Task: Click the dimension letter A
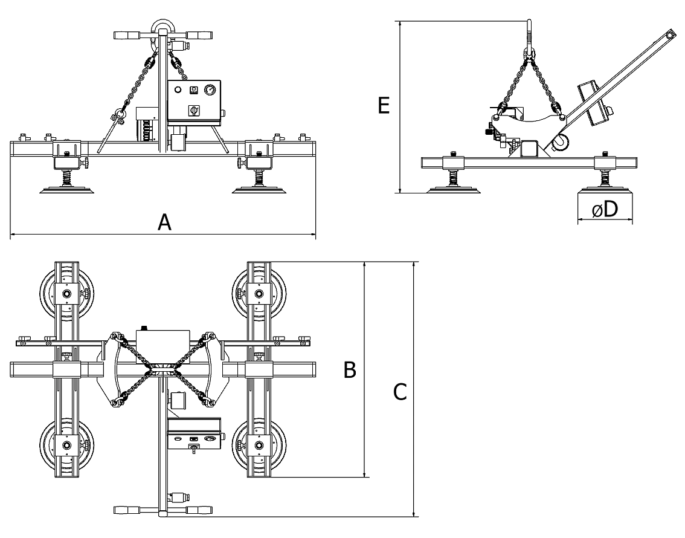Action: (x=164, y=222)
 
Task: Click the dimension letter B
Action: (x=350, y=370)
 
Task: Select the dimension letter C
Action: (x=400, y=392)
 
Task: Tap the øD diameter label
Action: (x=605, y=209)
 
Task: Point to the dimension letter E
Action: (x=383, y=106)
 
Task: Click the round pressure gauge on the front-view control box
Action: (x=210, y=90)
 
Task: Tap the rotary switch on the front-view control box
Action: (x=193, y=111)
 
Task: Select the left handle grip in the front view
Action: (x=126, y=35)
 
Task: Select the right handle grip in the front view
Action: (x=199, y=35)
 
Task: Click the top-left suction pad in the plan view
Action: (x=66, y=292)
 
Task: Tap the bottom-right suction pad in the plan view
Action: (x=259, y=446)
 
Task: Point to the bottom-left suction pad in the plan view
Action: (x=66, y=446)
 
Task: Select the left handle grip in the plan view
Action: (x=126, y=510)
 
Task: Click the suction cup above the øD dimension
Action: (x=605, y=190)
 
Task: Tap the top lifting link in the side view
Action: (x=529, y=36)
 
